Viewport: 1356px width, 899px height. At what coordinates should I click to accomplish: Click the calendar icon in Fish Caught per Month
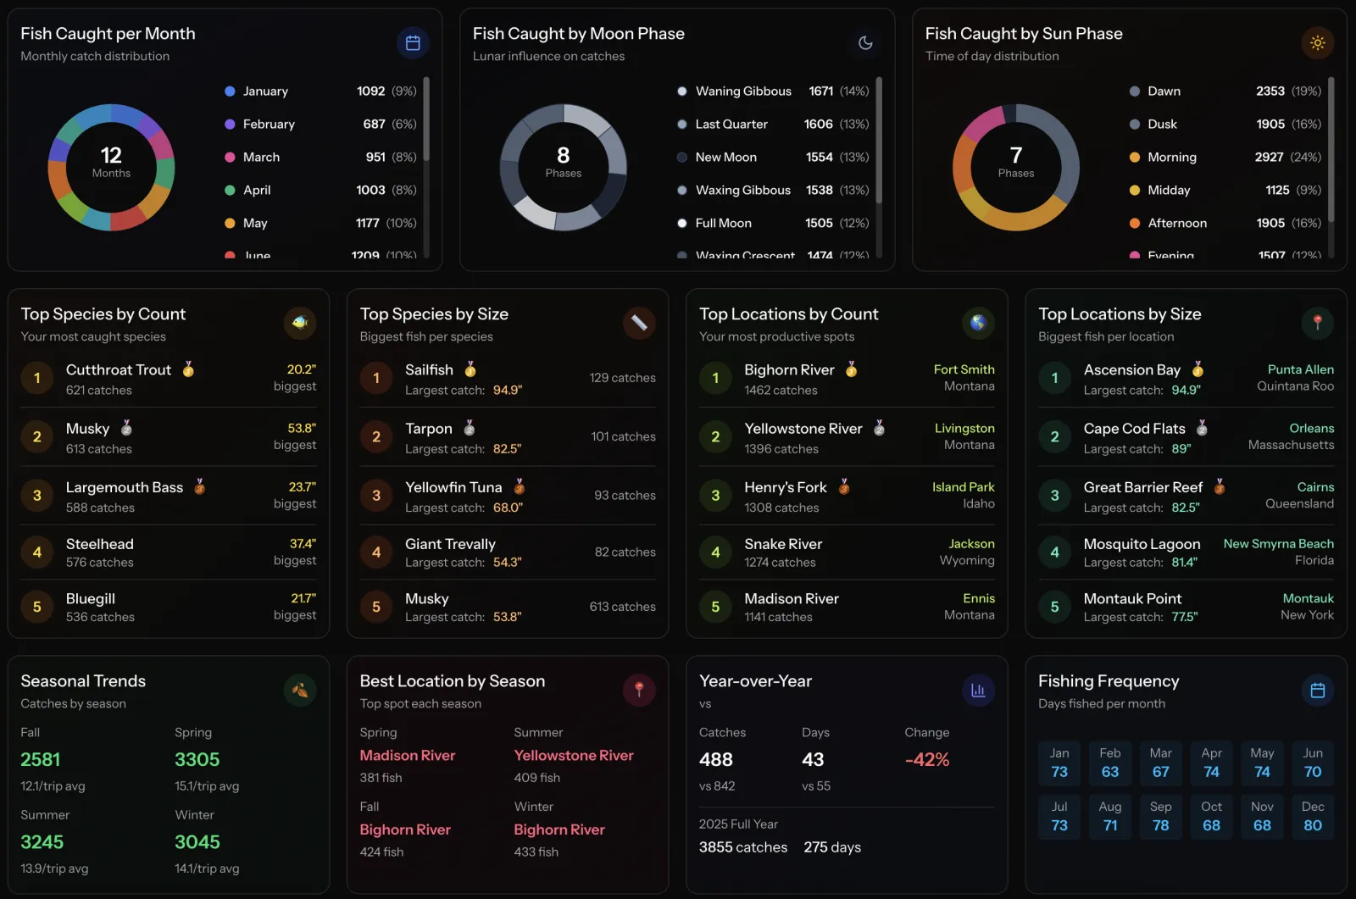coord(413,43)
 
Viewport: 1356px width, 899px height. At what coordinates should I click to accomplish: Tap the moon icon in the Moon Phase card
coord(865,43)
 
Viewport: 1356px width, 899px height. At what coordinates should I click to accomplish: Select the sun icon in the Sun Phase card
coord(1317,43)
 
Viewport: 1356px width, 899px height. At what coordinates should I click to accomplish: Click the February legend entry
coord(268,125)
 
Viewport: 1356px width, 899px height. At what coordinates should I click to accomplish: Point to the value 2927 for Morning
coord(1269,158)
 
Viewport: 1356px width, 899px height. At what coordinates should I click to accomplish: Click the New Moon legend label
coord(725,158)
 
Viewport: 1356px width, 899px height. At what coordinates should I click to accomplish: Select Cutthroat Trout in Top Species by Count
coord(119,370)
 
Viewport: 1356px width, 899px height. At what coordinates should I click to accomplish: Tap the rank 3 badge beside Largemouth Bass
coord(37,496)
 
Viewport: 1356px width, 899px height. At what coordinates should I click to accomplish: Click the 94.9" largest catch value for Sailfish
coord(507,391)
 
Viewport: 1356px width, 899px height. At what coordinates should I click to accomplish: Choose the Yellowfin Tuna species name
coord(453,487)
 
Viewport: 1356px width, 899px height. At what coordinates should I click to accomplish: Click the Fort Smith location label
coord(964,370)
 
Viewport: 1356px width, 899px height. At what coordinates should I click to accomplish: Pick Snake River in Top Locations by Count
coord(783,544)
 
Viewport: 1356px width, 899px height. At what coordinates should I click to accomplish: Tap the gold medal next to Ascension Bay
coord(1198,369)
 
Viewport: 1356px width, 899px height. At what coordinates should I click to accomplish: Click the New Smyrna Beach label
coord(1278,544)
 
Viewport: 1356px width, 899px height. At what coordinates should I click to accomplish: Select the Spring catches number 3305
coord(197,760)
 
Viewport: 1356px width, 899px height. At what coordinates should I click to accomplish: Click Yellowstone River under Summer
coord(573,756)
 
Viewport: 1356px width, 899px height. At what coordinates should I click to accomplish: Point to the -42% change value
coord(926,760)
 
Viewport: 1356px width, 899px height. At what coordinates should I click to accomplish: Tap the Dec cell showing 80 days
coord(1312,816)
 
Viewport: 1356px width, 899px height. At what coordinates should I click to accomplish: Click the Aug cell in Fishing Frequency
coord(1109,816)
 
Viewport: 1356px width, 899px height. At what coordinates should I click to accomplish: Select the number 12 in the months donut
coord(111,156)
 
